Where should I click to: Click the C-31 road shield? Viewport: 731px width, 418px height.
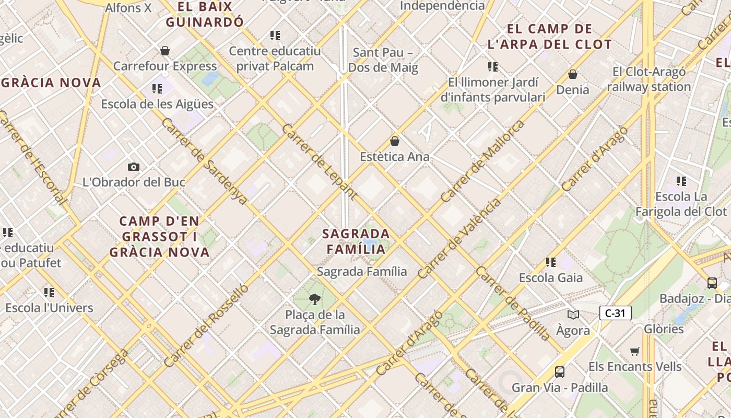click(x=616, y=313)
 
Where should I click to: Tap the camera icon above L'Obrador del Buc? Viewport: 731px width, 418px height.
click(x=134, y=167)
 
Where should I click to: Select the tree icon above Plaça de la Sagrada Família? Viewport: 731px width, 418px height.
click(x=314, y=299)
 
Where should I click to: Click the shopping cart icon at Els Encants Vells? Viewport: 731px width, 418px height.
click(x=635, y=351)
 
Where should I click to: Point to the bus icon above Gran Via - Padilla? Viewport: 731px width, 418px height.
click(x=560, y=372)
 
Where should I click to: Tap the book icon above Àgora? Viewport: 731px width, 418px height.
click(x=573, y=315)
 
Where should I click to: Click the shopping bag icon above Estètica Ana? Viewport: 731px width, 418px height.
click(x=395, y=141)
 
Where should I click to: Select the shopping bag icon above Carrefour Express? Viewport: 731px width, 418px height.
click(x=165, y=51)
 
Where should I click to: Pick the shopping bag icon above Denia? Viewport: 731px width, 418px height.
click(x=573, y=74)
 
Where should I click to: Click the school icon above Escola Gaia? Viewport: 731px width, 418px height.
click(x=551, y=262)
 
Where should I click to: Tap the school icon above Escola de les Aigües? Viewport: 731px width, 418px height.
click(x=157, y=89)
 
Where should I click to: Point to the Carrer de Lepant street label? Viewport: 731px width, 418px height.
click(x=319, y=162)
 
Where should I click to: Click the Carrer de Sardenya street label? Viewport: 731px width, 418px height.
click(x=204, y=161)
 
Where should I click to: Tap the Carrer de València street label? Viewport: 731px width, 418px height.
click(x=459, y=238)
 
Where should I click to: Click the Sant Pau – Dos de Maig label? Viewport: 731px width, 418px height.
click(x=383, y=60)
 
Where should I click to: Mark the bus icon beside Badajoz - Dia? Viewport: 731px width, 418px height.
click(x=712, y=283)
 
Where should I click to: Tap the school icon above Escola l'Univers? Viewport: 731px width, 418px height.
click(x=49, y=293)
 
